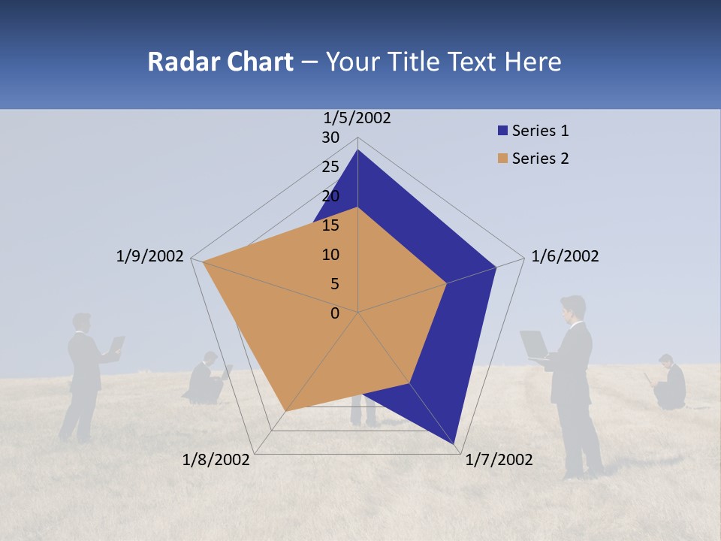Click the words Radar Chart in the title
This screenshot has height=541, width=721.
click(220, 62)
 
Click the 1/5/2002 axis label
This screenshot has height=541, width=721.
click(357, 117)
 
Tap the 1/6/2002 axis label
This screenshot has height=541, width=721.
click(565, 256)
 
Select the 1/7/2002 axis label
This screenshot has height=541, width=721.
click(499, 460)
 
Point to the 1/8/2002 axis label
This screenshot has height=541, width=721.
click(216, 460)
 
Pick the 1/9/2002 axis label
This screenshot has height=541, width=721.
click(149, 256)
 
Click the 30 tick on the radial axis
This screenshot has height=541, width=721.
click(330, 138)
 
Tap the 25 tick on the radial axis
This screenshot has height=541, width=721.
click(330, 167)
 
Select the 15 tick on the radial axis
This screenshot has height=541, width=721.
click(330, 225)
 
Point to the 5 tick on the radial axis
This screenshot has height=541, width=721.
click(334, 284)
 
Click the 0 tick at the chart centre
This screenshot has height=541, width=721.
click(335, 313)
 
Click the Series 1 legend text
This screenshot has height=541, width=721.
click(540, 131)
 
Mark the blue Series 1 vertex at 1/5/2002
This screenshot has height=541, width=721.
click(357, 150)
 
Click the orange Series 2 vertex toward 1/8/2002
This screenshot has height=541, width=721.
click(285, 411)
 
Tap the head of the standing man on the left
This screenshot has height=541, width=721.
click(82, 322)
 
